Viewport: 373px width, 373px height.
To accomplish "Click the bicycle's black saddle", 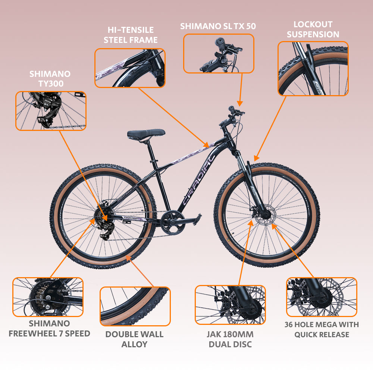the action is (146, 134).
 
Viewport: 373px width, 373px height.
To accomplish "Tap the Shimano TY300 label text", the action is (50, 79).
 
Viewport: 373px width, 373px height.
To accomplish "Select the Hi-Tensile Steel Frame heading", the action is (131, 35).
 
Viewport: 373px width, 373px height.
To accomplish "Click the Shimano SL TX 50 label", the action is (218, 26).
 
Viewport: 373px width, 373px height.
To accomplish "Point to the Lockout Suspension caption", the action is (313, 29).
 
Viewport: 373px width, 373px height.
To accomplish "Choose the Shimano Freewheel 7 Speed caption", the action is (49, 329).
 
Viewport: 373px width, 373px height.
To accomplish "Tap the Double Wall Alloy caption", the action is (134, 339).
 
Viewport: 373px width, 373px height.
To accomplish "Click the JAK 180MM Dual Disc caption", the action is (230, 339).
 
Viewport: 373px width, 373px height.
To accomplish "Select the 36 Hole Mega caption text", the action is (322, 329).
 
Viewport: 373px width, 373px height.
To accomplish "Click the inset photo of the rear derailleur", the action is (51, 111).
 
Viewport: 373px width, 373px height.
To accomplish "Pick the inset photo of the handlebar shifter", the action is (219, 53).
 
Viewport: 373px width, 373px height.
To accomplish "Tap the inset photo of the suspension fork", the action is (313, 69).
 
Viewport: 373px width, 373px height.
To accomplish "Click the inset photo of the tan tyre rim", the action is (135, 306).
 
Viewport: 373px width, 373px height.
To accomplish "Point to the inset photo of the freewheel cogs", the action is (48, 297).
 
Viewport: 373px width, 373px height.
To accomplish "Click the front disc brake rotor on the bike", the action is (264, 214).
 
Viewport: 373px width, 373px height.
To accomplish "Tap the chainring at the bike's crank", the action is (173, 222).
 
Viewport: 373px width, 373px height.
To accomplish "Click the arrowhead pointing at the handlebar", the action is (240, 104).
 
